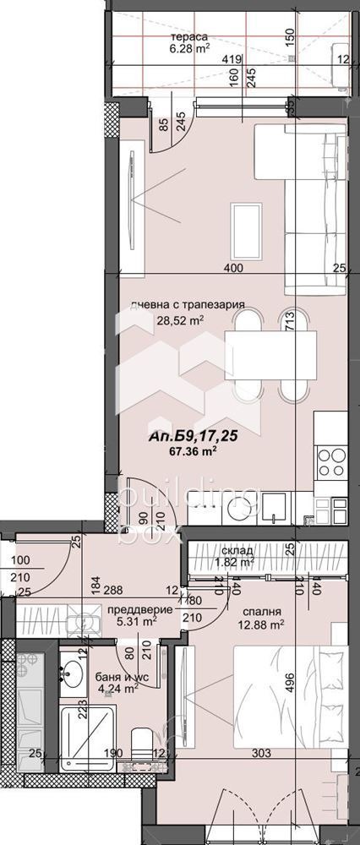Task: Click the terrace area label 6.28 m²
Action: point(190,48)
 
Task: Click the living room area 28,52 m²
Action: point(179,320)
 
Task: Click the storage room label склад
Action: point(236,549)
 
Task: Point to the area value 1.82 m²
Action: point(236,561)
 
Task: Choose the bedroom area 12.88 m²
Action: point(259,625)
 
